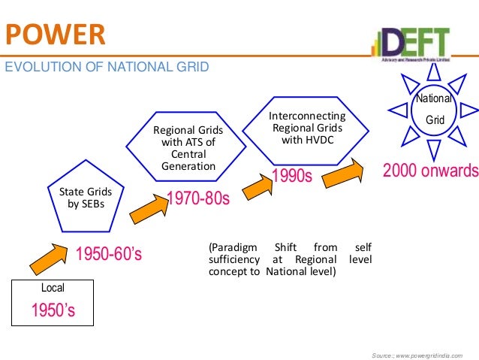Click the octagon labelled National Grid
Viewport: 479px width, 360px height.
[435, 110]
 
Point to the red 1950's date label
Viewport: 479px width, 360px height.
[52, 310]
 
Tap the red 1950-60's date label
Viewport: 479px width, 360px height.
[110, 256]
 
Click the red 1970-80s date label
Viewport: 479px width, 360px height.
[197, 199]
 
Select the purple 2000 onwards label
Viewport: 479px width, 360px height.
[430, 171]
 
